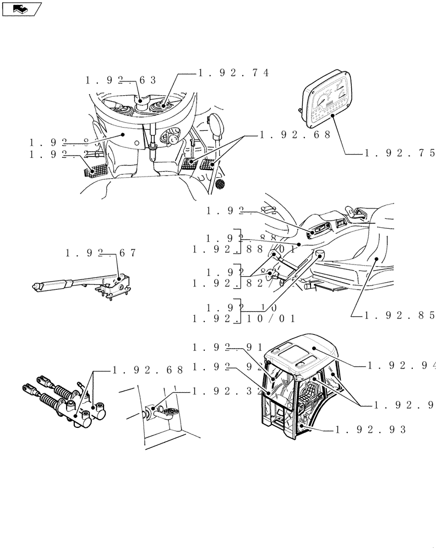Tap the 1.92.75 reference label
tap(399, 153)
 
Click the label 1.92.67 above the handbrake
tap(100, 253)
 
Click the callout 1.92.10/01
tap(244, 318)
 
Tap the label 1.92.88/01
tap(244, 249)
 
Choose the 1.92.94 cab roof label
tap(401, 365)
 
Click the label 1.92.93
tap(370, 430)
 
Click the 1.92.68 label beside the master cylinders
tap(148, 370)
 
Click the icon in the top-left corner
tap(21, 8)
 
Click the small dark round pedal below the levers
tap(220, 183)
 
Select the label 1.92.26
tap(66, 156)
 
